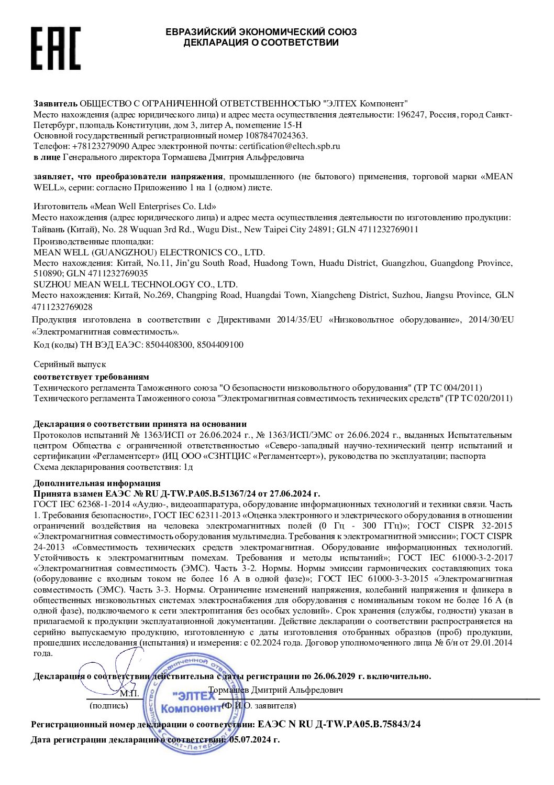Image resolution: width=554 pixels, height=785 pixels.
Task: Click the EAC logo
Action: [x=56, y=48]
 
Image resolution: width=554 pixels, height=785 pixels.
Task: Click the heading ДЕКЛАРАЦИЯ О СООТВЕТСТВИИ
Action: [x=261, y=42]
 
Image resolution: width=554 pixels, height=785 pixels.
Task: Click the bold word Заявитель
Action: [x=56, y=104]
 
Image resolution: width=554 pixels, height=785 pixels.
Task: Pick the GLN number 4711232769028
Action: [x=62, y=307]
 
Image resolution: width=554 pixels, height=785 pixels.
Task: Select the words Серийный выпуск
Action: [x=70, y=364]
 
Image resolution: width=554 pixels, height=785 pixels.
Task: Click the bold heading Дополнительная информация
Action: [x=97, y=483]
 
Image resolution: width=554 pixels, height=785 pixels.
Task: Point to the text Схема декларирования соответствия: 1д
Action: [x=113, y=467]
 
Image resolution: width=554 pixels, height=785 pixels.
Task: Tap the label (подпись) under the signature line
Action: [x=109, y=706]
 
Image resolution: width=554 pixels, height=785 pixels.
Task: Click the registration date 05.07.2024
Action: [x=250, y=739]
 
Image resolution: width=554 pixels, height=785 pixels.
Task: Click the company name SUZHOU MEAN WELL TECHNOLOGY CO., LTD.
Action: [x=136, y=284]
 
